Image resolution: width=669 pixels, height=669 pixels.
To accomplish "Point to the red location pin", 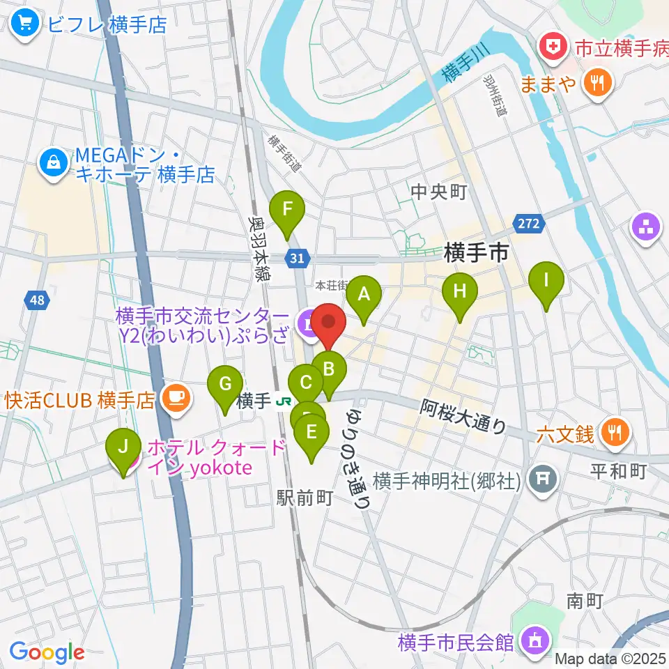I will click(x=328, y=326).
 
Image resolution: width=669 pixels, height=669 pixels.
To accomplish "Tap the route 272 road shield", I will click(x=529, y=224).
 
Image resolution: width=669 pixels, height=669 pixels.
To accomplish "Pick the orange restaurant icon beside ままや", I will click(x=597, y=84).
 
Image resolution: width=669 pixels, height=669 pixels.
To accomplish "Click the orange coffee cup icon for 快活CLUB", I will click(x=172, y=399).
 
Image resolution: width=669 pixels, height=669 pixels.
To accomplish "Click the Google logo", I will click(x=47, y=653).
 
